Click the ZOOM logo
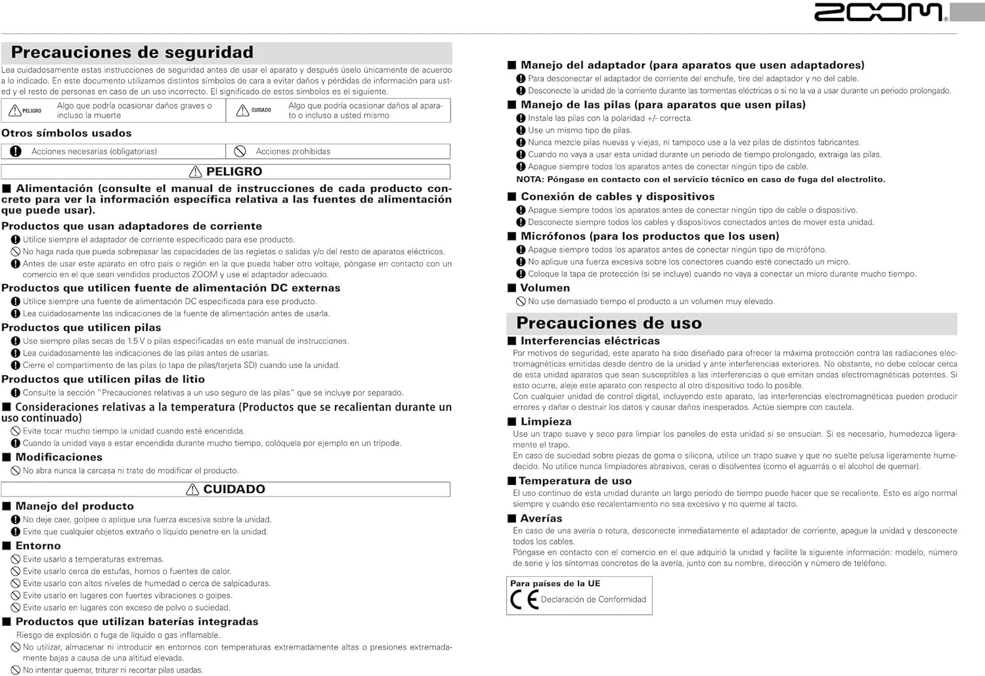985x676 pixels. pos(879,12)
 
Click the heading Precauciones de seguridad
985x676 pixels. pos(132,53)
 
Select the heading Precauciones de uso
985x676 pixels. pos(609,323)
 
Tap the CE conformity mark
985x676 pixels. pos(524,600)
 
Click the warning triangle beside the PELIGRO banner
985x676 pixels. pos(196,172)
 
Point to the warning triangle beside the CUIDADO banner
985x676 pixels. pos(192,489)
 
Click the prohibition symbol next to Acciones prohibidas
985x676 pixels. pos(240,152)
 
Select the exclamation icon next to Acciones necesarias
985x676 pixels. pos(16,152)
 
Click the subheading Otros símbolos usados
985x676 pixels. pos(66,133)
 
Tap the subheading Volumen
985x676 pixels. pos(545,288)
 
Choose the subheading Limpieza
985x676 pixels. pos(546,422)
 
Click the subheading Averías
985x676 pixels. pos(541,518)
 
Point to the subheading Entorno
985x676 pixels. pos(38,546)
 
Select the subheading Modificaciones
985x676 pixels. pos(59,457)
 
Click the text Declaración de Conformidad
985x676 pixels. pos(593,600)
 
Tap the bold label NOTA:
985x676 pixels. pos(529,179)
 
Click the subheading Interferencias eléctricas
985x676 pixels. pos(590,341)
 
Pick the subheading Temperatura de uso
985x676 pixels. pos(575,481)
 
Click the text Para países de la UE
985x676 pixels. pos(555,583)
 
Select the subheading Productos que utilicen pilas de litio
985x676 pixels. pos(103,379)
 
